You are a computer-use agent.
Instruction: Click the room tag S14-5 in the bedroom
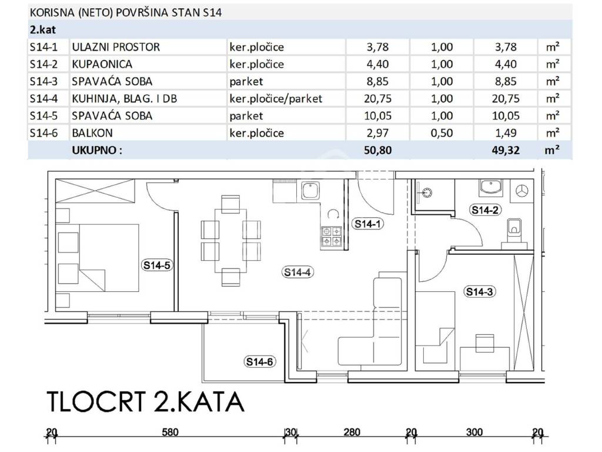point(156,265)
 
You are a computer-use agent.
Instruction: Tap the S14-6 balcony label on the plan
point(259,362)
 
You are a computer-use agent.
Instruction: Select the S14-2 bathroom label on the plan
point(485,210)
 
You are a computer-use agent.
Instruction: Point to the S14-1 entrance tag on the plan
point(368,224)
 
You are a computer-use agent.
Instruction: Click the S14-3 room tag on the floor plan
point(480,292)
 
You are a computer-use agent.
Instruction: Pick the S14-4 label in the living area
point(297,272)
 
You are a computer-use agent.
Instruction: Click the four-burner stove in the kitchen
point(332,236)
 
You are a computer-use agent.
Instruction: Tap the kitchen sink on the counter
point(310,191)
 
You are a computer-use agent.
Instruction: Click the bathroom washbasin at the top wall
point(491,188)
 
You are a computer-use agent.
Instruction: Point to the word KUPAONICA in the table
point(102,64)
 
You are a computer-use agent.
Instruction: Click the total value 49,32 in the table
point(506,150)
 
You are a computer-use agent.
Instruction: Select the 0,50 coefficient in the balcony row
point(442,133)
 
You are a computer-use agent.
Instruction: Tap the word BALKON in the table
point(92,133)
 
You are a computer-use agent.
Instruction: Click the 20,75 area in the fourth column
point(378,98)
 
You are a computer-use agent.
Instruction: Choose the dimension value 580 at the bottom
point(170,433)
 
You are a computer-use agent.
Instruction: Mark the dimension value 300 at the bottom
point(474,433)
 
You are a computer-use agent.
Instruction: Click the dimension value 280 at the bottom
point(352,433)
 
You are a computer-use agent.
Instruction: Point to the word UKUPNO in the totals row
point(94,150)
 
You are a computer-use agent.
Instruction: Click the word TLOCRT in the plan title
point(96,402)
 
